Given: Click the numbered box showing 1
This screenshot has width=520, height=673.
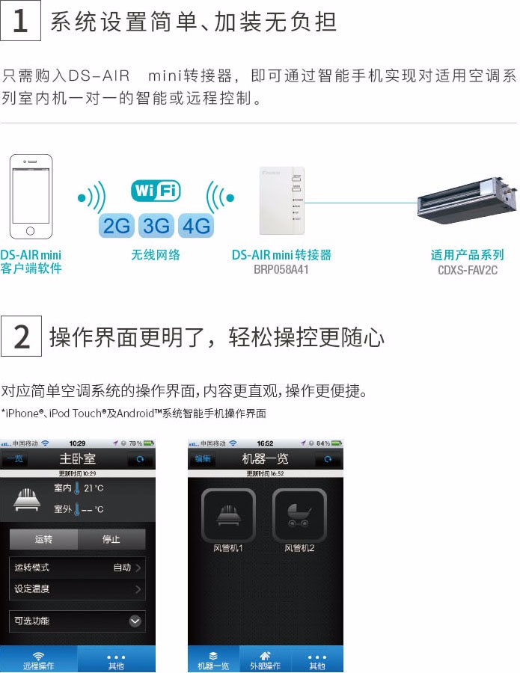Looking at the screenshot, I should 21,21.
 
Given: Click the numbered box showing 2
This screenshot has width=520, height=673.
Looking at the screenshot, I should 21,336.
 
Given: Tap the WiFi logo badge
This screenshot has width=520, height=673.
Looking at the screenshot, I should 156,191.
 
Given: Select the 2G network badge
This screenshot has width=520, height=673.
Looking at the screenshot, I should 117,225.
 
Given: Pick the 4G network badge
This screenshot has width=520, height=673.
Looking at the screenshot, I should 196,225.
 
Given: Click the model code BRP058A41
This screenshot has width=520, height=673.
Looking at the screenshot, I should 281,269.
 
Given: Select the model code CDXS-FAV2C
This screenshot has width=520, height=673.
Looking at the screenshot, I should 468,269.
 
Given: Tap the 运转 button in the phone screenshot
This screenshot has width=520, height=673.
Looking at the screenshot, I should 43,539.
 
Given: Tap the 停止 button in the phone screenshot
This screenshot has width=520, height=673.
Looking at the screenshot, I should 111,539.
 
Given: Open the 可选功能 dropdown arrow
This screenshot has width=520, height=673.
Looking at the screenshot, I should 135,621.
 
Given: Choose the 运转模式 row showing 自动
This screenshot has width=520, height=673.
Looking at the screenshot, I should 77,568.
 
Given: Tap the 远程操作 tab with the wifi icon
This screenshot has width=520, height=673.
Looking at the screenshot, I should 38,660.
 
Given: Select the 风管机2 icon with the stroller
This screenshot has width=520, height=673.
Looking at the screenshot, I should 299,515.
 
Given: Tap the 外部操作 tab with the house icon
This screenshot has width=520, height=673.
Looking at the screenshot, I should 265,660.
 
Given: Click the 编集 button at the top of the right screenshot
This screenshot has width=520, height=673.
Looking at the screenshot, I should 203,458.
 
